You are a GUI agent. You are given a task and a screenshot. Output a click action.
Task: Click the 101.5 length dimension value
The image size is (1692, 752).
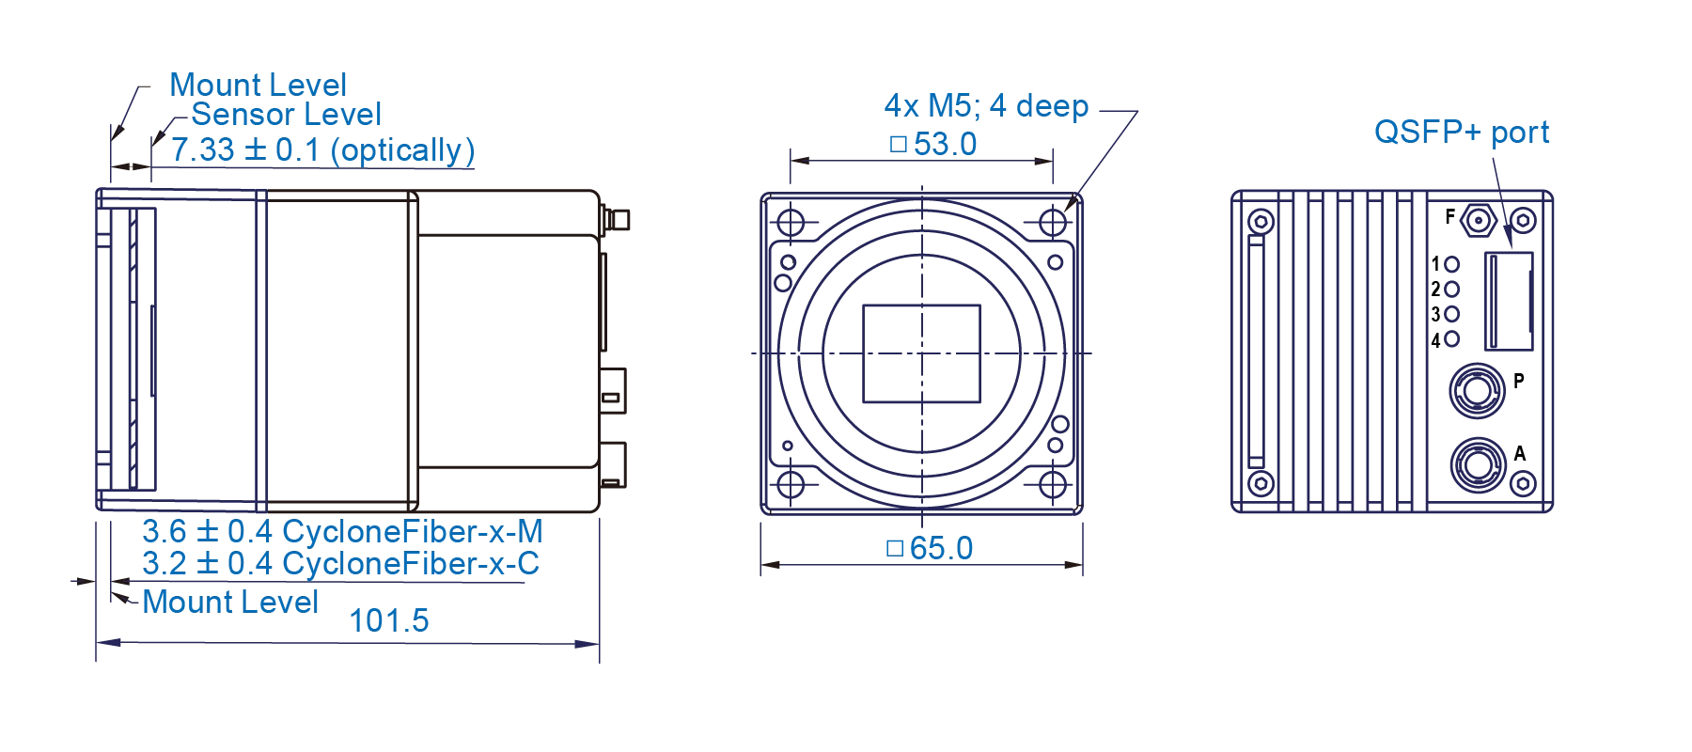click(x=388, y=620)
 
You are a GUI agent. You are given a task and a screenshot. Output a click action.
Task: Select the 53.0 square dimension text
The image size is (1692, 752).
click(x=933, y=145)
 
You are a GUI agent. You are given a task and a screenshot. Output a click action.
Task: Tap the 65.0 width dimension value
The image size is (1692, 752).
click(x=931, y=548)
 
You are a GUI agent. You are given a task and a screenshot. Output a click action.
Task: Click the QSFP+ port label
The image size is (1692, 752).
click(x=1462, y=133)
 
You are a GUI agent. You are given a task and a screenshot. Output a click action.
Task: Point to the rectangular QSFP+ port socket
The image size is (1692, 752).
click(x=1509, y=301)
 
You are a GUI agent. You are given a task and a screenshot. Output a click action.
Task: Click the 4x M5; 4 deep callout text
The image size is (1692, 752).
click(x=986, y=106)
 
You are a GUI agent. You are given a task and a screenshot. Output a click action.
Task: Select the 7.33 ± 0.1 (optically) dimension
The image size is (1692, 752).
click(x=322, y=150)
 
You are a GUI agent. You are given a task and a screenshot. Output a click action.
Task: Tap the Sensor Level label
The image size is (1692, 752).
click(x=287, y=115)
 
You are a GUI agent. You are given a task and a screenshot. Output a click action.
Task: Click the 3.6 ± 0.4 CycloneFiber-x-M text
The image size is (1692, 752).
click(x=342, y=532)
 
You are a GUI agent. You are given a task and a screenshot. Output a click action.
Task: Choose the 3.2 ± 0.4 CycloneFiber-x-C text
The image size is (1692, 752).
click(x=340, y=564)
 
